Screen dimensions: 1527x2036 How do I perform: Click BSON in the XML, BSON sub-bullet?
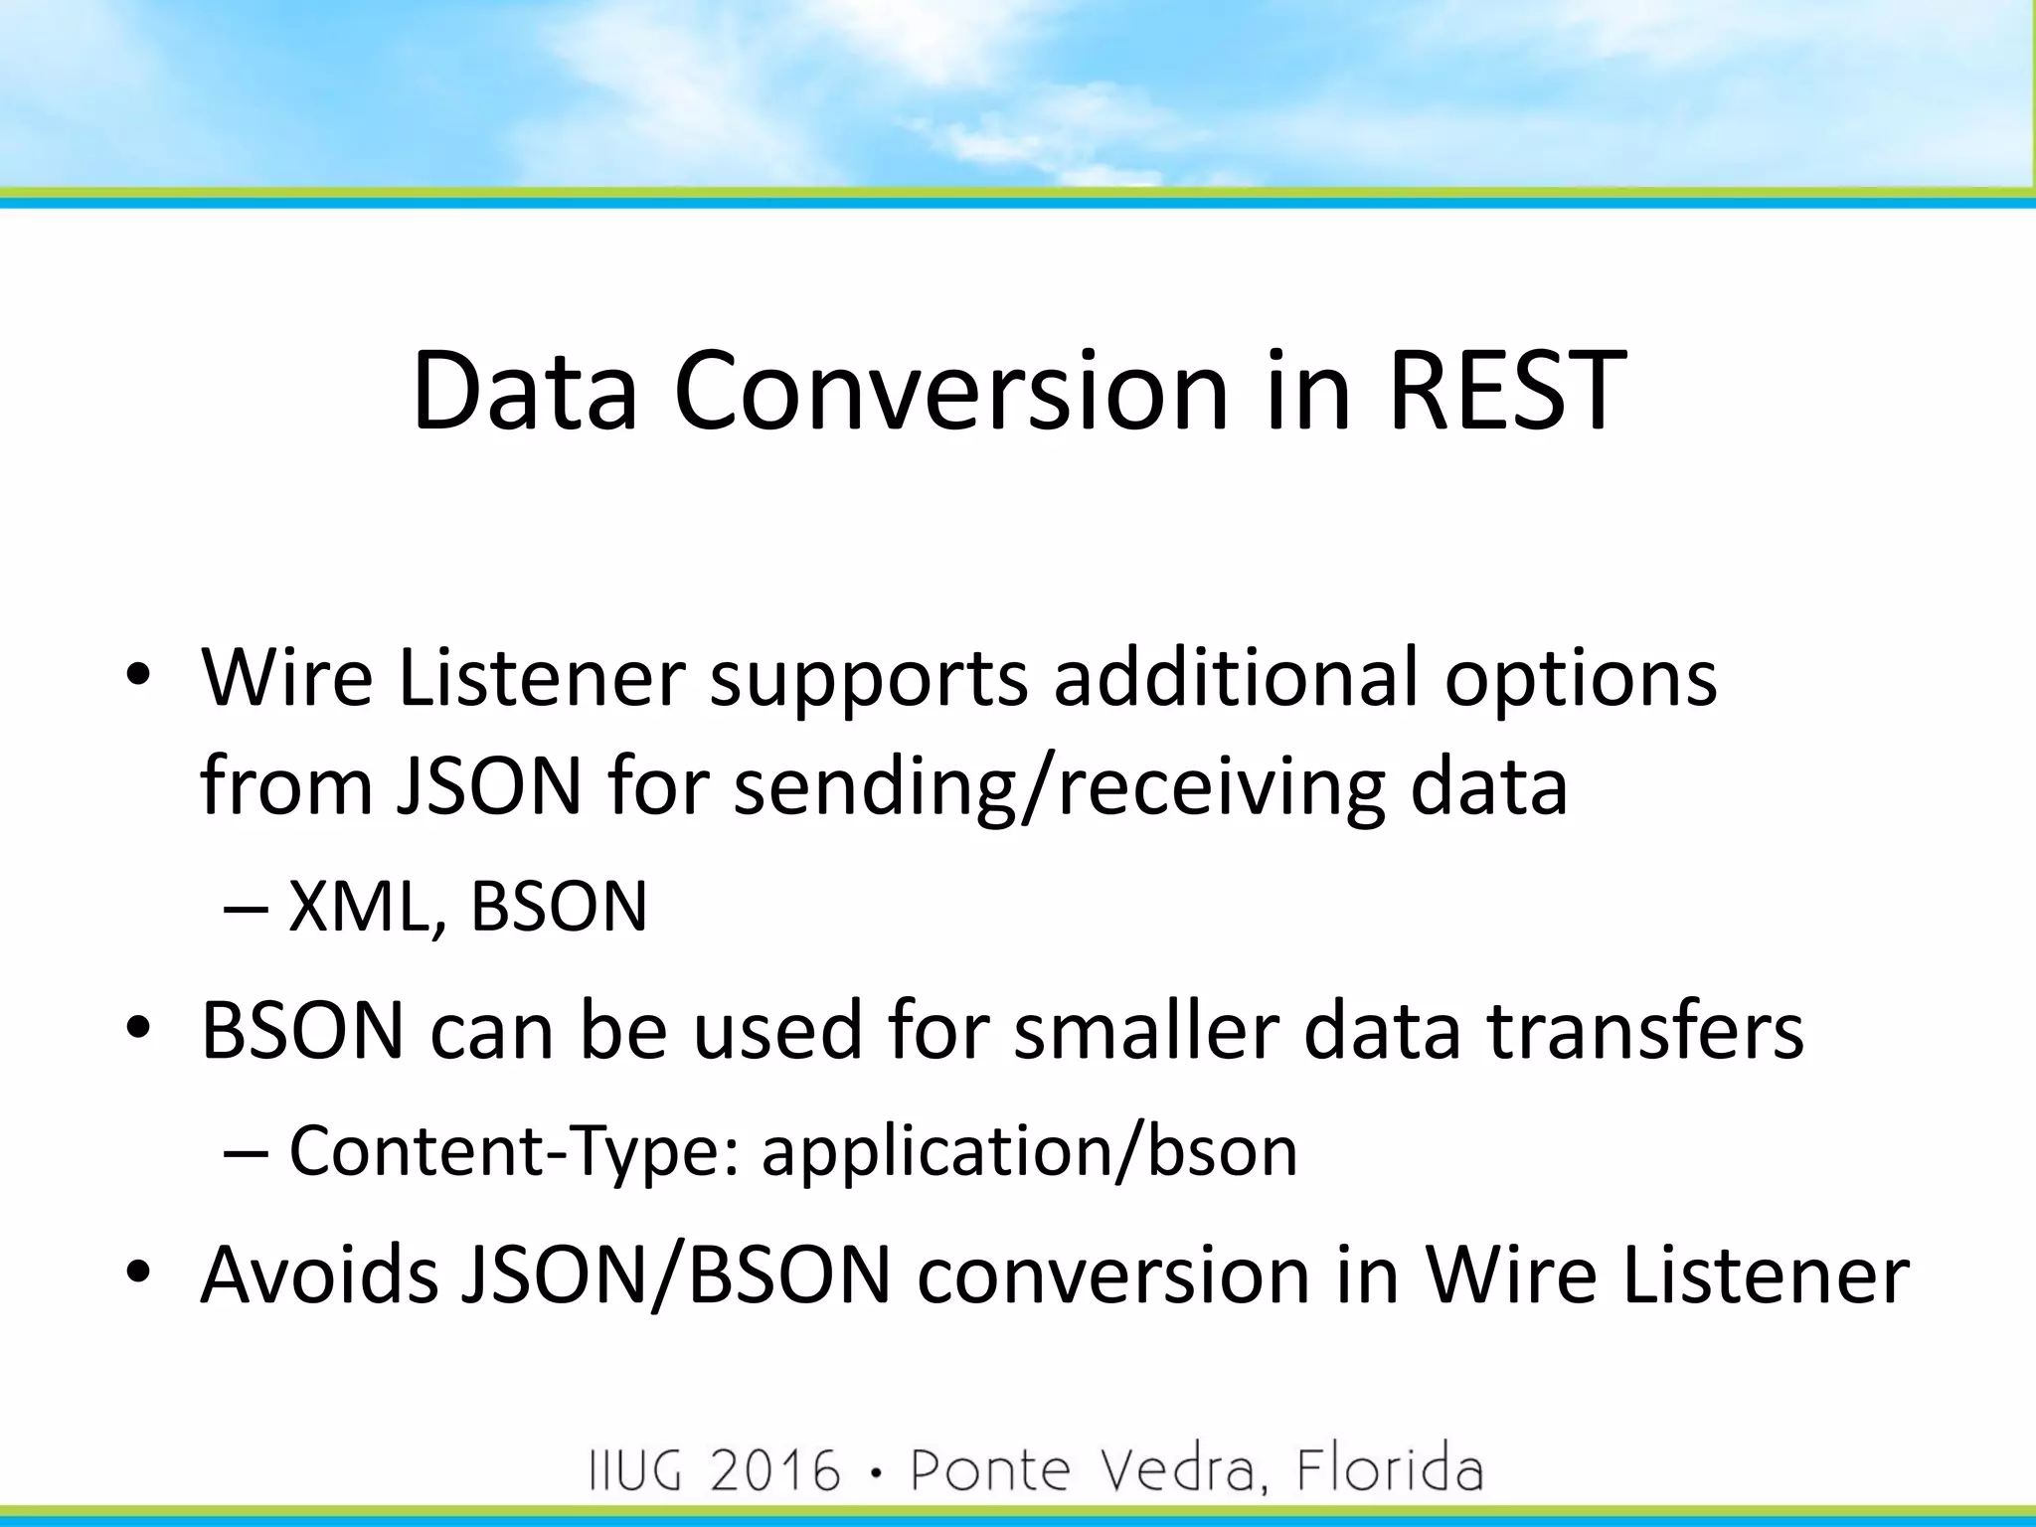[559, 907]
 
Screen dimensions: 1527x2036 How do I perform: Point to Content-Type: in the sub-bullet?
[514, 1151]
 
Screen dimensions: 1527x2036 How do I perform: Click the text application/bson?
[1029, 1151]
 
